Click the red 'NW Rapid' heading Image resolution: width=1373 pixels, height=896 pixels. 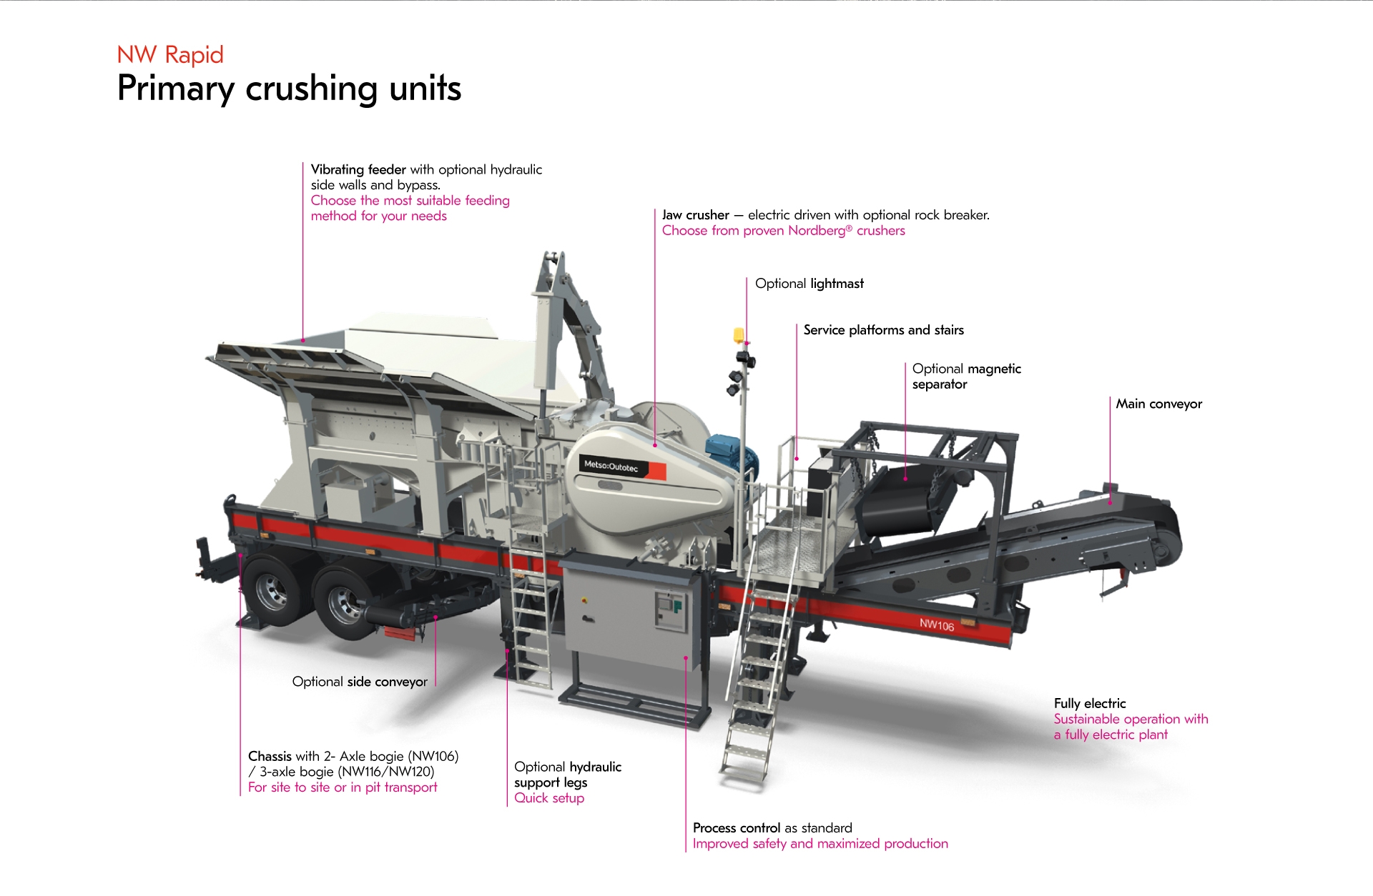point(170,55)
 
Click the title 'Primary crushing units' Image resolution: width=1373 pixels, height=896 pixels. point(289,89)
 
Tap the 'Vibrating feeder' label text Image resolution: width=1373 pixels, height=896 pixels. point(358,169)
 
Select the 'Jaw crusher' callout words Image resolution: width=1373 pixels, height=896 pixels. point(695,215)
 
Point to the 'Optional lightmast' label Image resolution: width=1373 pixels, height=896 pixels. point(809,284)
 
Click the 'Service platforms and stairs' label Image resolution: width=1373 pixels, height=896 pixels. point(883,330)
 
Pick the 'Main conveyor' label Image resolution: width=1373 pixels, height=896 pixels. point(1158,404)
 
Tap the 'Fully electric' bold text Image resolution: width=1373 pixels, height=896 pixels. point(1089,703)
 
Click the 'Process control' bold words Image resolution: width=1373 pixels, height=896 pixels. point(736,827)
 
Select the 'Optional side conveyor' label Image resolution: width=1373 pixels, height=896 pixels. point(360,682)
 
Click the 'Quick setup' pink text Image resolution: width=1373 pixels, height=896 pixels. point(549,798)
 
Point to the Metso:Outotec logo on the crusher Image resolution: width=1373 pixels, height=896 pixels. point(611,467)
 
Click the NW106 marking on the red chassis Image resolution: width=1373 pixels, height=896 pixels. point(937,625)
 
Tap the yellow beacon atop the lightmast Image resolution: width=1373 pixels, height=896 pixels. point(739,334)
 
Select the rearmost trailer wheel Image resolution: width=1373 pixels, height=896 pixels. point(271,591)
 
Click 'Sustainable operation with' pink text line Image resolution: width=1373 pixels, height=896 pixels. point(1131,719)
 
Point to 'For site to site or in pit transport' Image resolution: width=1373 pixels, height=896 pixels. point(343,787)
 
